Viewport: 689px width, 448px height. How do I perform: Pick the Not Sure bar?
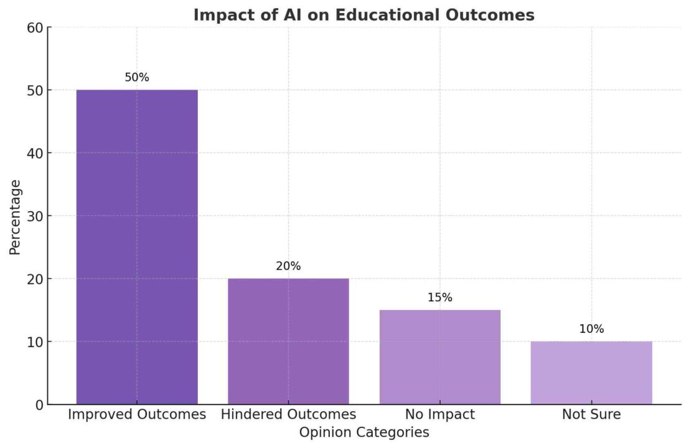tap(591, 373)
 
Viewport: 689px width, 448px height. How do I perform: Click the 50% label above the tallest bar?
tap(137, 78)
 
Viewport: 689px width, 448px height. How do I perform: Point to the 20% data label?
tap(288, 266)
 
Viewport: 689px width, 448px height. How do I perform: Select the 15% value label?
tap(439, 298)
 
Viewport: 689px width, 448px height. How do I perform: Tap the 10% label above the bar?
tap(591, 329)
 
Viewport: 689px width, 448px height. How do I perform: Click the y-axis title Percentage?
tap(16, 217)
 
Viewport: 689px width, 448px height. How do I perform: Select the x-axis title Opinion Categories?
tap(364, 432)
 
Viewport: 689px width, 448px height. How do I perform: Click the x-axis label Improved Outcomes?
tap(137, 414)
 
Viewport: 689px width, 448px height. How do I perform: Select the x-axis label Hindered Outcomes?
tap(288, 414)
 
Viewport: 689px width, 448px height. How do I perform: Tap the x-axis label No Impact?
tap(439, 414)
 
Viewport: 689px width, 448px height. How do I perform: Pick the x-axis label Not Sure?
tap(591, 414)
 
